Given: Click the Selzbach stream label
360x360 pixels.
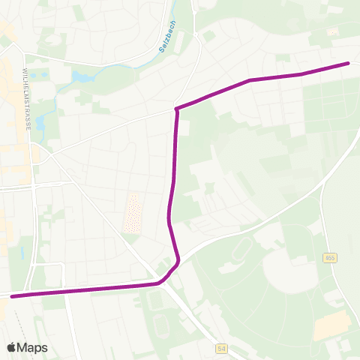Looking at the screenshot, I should pyautogui.click(x=165, y=36).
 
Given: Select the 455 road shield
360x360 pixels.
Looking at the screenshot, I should pyautogui.click(x=330, y=258).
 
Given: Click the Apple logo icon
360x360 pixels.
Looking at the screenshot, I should pyautogui.click(x=11, y=347).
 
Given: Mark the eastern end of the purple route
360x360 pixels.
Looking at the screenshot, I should pyautogui.click(x=348, y=63).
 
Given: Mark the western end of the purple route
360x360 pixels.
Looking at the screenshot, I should pyautogui.click(x=12, y=296).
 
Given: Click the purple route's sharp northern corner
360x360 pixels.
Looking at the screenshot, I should pyautogui.click(x=176, y=109).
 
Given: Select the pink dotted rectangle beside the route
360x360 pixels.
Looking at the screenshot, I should pyautogui.click(x=133, y=212).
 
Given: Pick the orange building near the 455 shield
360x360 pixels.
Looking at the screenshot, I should pyautogui.click(x=331, y=325).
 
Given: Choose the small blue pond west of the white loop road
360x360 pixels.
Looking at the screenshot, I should pyautogui.click(x=22, y=252).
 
